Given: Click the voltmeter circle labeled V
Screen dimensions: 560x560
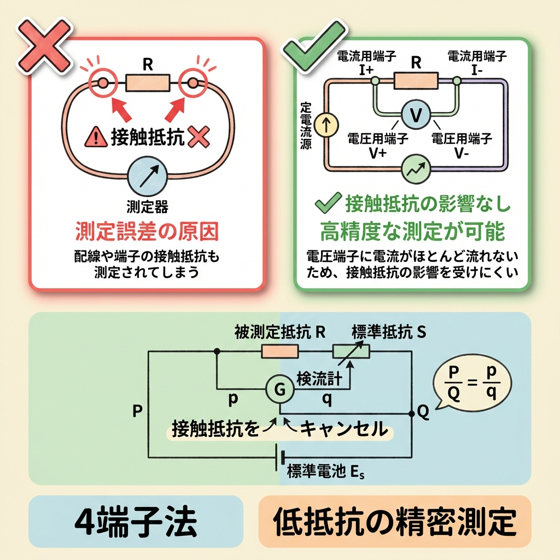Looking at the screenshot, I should coord(415,114).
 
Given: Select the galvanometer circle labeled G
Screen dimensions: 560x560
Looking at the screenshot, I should coord(279,389).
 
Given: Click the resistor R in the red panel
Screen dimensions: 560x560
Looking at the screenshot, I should coord(148,83).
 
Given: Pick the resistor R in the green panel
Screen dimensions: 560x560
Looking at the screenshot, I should coord(415,80).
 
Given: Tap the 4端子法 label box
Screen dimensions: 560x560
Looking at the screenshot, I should coord(135,522).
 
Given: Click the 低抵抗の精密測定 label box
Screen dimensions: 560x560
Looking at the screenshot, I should coord(394,522).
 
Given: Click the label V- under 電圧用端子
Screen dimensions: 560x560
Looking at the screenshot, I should coord(462,153).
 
